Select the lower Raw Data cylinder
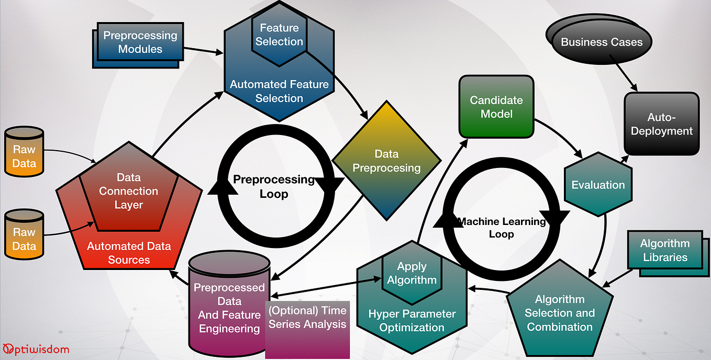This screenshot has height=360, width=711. coord(24,239)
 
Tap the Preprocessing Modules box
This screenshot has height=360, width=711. coord(140,42)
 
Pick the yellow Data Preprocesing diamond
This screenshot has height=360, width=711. coord(387,161)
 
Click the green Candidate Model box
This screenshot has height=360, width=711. coord(496,107)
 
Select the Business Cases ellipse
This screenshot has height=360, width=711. coord(602,42)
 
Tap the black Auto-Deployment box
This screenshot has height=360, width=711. coord(661,124)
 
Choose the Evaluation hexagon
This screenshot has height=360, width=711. coord(598,185)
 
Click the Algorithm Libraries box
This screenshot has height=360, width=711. coord(664,251)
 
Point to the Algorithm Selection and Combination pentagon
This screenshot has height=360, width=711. coord(560,313)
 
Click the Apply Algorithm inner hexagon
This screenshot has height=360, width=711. coord(412,273)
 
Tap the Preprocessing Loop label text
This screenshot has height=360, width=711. coord(273,187)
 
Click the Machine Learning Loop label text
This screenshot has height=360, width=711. coord(502,228)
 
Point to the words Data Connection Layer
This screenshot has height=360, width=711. coord(129,191)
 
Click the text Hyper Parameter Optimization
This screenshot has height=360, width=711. coord(412,321)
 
